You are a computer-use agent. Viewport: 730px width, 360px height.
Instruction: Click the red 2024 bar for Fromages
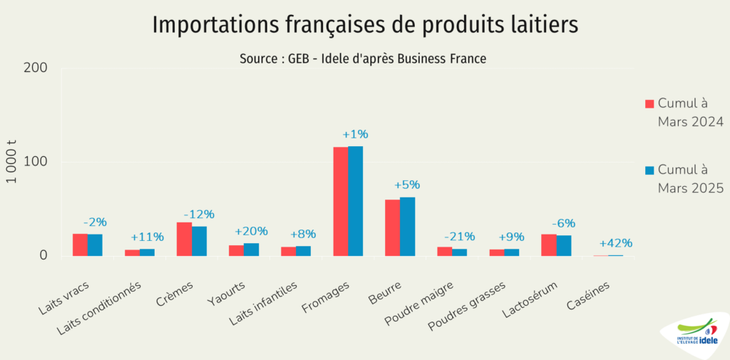click(341, 201)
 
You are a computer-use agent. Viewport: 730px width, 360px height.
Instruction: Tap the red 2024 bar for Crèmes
click(184, 239)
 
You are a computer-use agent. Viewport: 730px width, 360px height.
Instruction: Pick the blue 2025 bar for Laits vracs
click(95, 245)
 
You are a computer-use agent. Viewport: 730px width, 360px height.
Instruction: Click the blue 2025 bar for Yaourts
click(251, 249)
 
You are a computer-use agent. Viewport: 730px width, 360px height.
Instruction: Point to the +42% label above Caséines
click(615, 243)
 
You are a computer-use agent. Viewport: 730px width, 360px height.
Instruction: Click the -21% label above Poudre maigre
click(460, 237)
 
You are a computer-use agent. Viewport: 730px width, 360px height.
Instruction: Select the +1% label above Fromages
click(355, 134)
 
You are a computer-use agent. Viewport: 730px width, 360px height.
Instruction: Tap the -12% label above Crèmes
click(199, 214)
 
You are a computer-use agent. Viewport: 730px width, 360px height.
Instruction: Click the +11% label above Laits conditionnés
click(147, 237)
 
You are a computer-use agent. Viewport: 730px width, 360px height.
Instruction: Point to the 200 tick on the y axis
click(36, 68)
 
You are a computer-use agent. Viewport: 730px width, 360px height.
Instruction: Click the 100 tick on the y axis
click(36, 162)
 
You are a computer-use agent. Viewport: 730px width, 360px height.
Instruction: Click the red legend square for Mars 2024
click(649, 103)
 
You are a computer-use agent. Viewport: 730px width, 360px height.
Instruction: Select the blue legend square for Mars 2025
click(649, 170)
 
